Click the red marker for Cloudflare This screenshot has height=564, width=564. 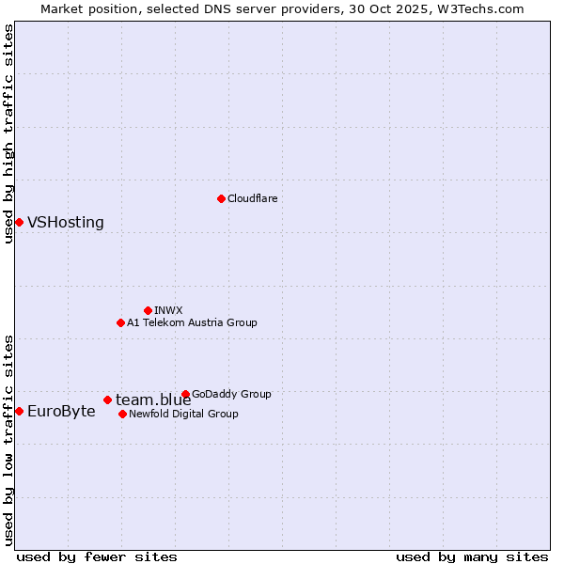pyautogui.click(x=221, y=198)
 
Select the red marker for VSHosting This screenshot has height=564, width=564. pyautogui.click(x=19, y=222)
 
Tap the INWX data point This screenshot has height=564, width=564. pyautogui.click(x=148, y=310)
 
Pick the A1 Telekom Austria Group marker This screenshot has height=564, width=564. pyautogui.click(x=120, y=322)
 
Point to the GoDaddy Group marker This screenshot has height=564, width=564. pyautogui.click(x=185, y=394)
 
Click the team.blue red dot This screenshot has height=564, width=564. pyautogui.click(x=107, y=399)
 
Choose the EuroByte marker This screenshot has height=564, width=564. pyautogui.click(x=19, y=411)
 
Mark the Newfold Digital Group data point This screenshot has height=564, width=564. pyautogui.click(x=122, y=414)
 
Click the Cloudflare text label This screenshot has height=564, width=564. pyautogui.click(x=252, y=198)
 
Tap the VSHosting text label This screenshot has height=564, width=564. pyautogui.click(x=66, y=223)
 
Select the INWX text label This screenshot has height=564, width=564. pyautogui.click(x=168, y=310)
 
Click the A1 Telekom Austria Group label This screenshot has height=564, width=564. pyautogui.click(x=192, y=322)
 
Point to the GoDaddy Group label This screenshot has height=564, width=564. pyautogui.click(x=231, y=394)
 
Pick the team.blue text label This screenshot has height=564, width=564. pyautogui.click(x=153, y=400)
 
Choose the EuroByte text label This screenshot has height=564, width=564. pyautogui.click(x=61, y=412)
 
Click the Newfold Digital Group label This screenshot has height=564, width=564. pyautogui.click(x=183, y=414)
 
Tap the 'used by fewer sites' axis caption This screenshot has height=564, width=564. pyautogui.click(x=97, y=556)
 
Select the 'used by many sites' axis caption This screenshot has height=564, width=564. pyautogui.click(x=472, y=556)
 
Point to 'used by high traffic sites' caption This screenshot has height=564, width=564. pyautogui.click(x=8, y=134)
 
